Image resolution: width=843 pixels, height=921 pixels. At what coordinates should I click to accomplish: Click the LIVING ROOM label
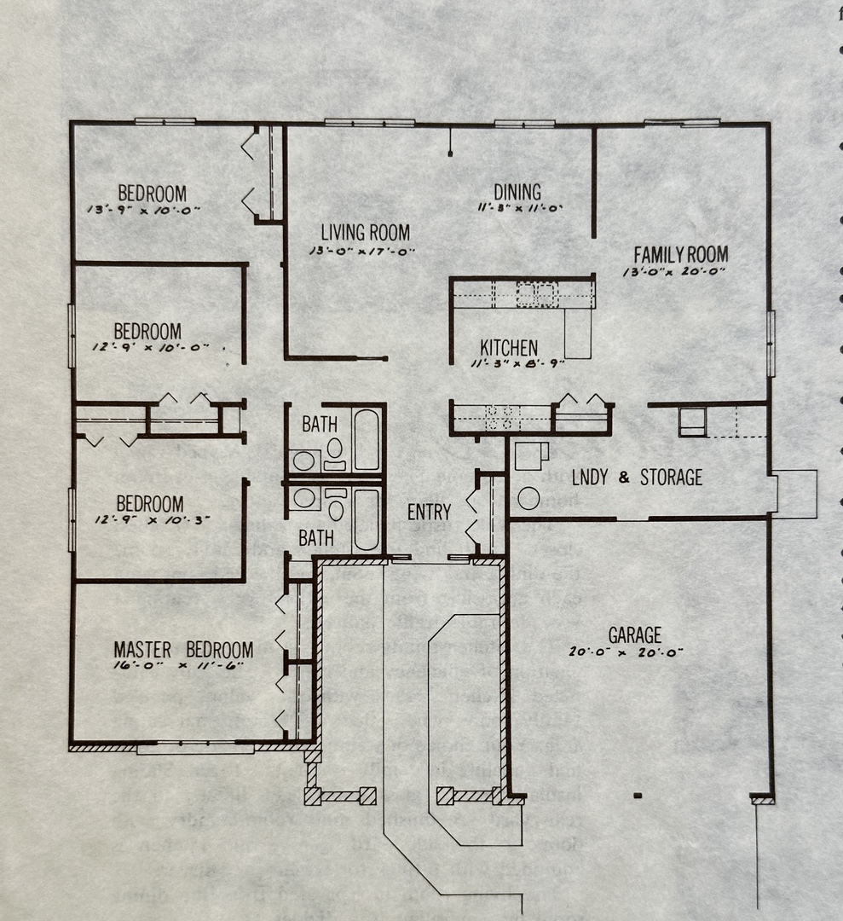pyautogui.click(x=365, y=232)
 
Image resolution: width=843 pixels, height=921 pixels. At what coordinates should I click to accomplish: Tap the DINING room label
pyautogui.click(x=517, y=192)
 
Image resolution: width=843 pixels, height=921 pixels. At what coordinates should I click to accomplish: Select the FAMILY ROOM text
pyautogui.click(x=680, y=254)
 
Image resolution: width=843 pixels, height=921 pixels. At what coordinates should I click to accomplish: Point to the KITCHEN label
pyautogui.click(x=509, y=348)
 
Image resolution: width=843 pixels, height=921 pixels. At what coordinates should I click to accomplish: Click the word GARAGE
pyautogui.click(x=634, y=635)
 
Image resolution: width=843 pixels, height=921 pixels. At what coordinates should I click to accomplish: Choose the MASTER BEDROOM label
pyautogui.click(x=183, y=650)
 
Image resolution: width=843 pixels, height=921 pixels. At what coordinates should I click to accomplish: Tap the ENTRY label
pyautogui.click(x=429, y=512)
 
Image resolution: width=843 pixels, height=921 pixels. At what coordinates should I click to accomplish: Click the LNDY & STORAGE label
pyautogui.click(x=637, y=477)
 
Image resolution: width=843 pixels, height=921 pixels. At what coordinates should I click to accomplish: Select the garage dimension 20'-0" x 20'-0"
pyautogui.click(x=626, y=652)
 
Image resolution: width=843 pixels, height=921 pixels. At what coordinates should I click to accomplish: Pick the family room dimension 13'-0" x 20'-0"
pyautogui.click(x=678, y=271)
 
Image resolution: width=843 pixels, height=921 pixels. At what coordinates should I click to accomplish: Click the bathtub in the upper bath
pyautogui.click(x=367, y=439)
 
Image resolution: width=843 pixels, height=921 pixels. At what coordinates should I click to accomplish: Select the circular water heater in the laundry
pyautogui.click(x=528, y=498)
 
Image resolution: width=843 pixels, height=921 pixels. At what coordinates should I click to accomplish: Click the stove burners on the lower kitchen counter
pyautogui.click(x=503, y=417)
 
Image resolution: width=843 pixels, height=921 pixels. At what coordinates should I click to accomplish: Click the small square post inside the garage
pyautogui.click(x=638, y=796)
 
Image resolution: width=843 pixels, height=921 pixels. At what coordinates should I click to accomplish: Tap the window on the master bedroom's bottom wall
pyautogui.click(x=195, y=749)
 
